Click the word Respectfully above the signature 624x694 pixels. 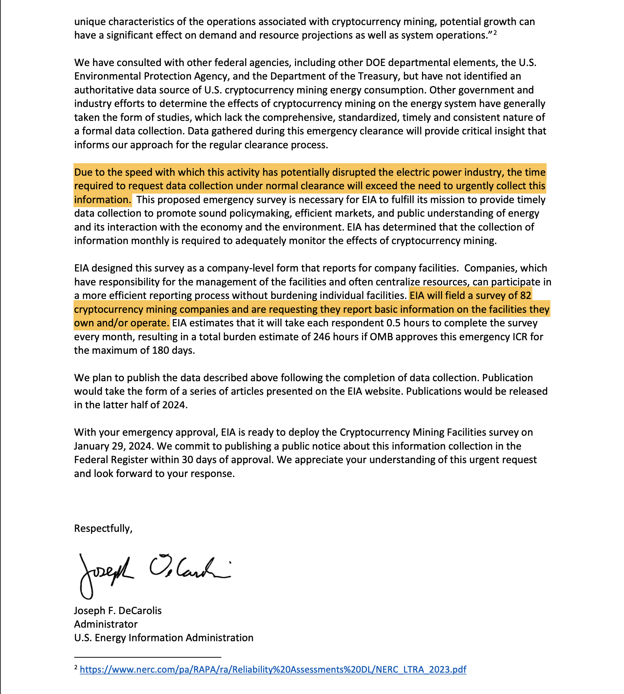(x=103, y=528)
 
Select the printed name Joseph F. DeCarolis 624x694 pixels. (x=118, y=610)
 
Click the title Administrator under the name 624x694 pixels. (x=106, y=624)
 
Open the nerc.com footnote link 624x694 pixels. (x=273, y=669)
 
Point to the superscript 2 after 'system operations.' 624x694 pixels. (x=495, y=33)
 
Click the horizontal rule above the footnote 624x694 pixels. (x=147, y=657)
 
